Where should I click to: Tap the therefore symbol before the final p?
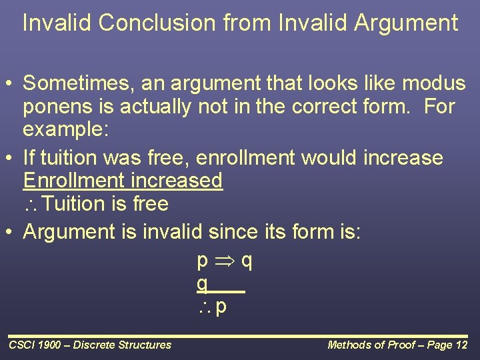204,307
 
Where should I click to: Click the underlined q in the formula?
202,283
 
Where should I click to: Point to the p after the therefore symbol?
221,307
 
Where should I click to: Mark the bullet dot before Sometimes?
11,85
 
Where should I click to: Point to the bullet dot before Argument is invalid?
11,233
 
